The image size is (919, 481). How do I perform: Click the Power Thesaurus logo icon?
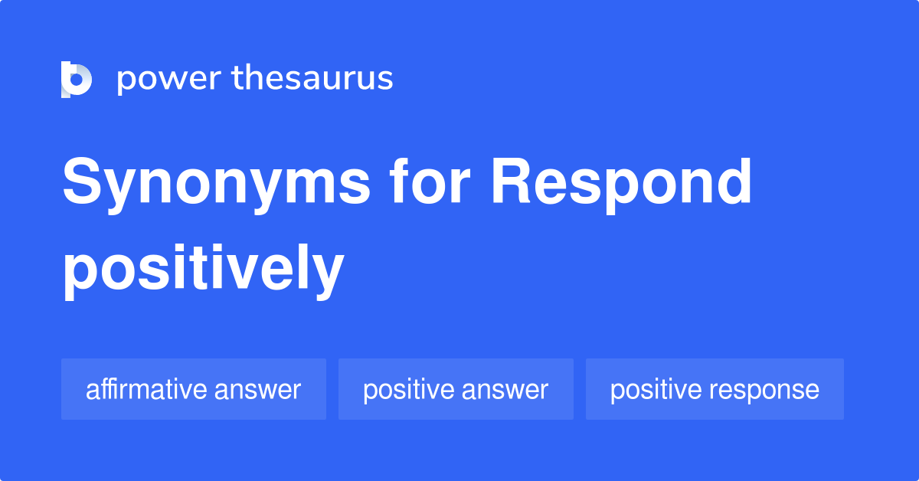[x=77, y=79]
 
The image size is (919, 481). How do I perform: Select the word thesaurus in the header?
[x=312, y=79]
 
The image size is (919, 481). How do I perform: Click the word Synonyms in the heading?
[x=217, y=185]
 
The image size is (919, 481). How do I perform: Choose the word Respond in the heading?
[x=621, y=185]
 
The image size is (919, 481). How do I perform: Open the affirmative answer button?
[x=194, y=389]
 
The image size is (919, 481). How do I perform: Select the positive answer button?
[x=456, y=389]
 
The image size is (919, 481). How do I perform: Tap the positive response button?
[x=715, y=389]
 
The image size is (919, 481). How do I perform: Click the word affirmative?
[x=146, y=389]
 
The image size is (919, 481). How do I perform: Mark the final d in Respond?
[x=731, y=185]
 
